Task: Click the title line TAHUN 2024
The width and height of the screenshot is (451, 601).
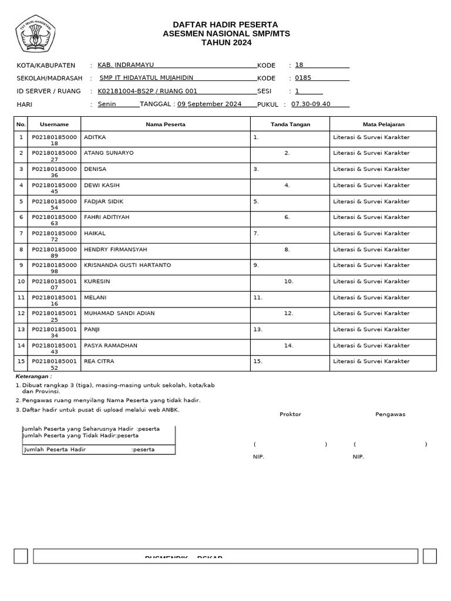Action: (x=226, y=43)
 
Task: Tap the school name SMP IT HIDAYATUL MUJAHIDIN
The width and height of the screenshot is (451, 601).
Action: (x=146, y=77)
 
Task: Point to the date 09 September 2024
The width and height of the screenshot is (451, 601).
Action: (x=209, y=104)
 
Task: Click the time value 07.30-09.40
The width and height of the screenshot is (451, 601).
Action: (x=311, y=104)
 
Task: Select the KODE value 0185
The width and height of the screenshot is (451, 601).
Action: (x=303, y=77)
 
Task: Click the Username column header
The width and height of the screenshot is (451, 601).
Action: (x=54, y=124)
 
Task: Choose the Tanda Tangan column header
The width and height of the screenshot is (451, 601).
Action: (x=290, y=124)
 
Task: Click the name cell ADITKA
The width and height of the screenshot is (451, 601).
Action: (x=95, y=137)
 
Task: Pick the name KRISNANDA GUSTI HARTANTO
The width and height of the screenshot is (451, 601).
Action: (x=127, y=265)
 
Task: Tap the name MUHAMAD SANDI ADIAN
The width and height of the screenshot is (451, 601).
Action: (x=119, y=313)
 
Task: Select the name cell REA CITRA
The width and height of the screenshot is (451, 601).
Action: (x=99, y=362)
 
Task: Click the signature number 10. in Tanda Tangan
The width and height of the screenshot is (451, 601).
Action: (x=288, y=282)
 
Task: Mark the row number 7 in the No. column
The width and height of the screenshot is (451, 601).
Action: (x=21, y=233)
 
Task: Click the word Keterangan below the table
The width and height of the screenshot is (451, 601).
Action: (x=33, y=376)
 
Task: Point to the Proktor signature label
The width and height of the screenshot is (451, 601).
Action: (x=290, y=414)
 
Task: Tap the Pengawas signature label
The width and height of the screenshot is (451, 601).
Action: (x=390, y=414)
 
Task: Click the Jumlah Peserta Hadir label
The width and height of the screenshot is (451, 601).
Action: (x=55, y=450)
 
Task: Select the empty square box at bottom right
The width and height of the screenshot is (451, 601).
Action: (x=429, y=556)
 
